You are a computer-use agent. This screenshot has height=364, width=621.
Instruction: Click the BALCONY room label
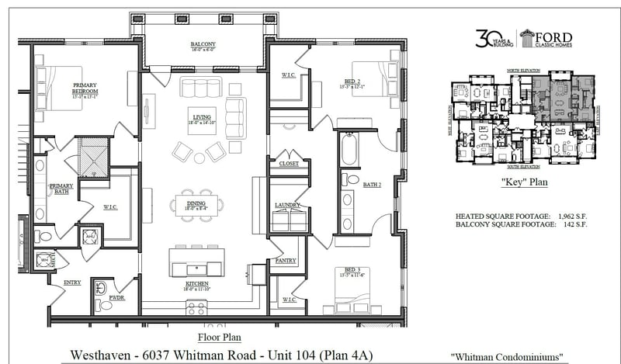[203, 44]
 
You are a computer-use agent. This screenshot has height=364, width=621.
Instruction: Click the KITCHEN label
[196, 285]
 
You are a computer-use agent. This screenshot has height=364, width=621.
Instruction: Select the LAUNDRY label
[287, 205]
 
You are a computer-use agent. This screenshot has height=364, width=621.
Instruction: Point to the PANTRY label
[286, 261]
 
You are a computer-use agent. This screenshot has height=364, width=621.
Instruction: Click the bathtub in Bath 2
[348, 148]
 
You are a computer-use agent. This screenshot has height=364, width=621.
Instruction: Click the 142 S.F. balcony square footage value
[575, 224]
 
